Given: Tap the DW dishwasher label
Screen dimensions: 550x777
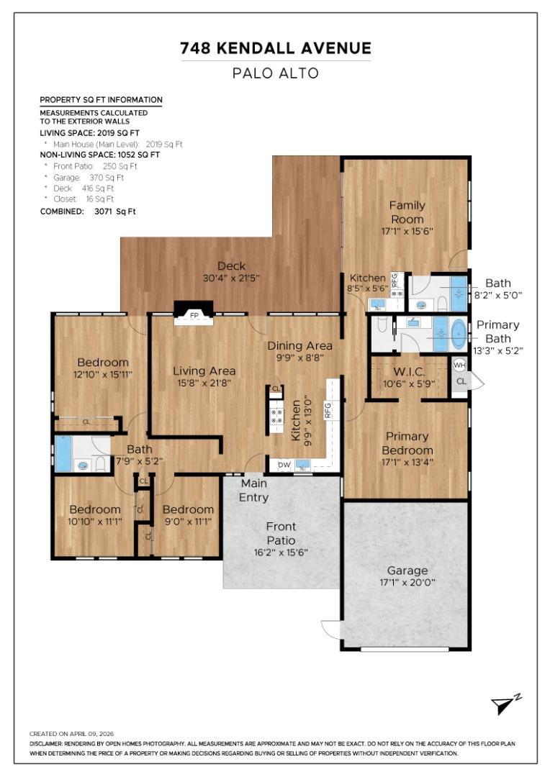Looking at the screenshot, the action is (284, 465).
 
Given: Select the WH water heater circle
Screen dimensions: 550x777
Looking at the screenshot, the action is (460, 365).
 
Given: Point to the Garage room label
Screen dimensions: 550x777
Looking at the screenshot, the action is (407, 571).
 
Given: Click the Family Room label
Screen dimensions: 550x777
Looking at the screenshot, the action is (407, 212).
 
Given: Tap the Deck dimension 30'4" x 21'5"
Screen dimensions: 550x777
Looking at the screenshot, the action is (231, 278).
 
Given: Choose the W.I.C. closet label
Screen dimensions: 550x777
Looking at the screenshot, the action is (409, 372).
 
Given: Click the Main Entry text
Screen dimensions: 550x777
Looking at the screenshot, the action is (253, 490).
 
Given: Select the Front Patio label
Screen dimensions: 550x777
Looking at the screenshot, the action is (281, 533).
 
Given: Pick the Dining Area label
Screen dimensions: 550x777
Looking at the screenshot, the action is (299, 346).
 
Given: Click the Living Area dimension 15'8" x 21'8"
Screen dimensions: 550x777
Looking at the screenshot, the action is (204, 383).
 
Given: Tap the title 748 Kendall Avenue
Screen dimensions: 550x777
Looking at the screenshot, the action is (276, 48).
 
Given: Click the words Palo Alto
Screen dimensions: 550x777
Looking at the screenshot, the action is (276, 73).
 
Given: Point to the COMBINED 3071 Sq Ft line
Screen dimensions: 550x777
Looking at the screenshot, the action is (88, 212).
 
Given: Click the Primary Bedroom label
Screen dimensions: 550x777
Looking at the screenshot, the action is (407, 443).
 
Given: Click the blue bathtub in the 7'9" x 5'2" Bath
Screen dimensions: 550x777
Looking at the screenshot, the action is (63, 454).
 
